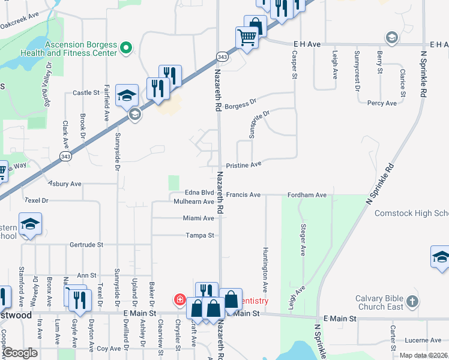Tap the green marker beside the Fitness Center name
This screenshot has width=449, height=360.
coord(126,47)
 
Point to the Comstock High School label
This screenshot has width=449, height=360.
coord(411,213)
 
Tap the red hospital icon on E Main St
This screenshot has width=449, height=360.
coord(179,299)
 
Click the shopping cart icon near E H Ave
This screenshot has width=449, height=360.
coord(247,38)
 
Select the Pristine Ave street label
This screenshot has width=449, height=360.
coord(244,164)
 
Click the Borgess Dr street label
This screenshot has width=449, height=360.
coord(241,102)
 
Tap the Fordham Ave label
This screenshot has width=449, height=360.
coord(307,195)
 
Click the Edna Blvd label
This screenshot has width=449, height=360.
coord(199,193)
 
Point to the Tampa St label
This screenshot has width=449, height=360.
coord(200,235)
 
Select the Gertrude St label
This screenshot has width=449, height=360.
coord(87,245)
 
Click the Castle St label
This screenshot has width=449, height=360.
coord(86,93)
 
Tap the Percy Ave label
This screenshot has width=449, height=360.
coord(382,103)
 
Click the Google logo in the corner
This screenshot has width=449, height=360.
coord(20,353)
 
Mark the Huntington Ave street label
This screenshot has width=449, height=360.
coord(265,270)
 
